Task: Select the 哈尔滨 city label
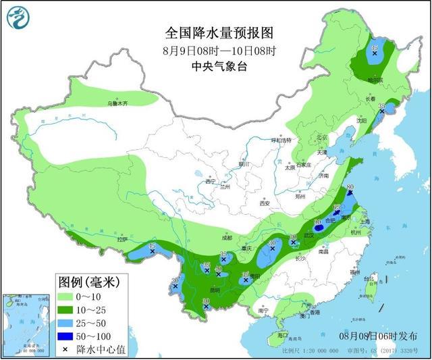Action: (x=376, y=79)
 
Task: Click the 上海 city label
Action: (x=365, y=221)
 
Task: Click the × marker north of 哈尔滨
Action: (x=375, y=53)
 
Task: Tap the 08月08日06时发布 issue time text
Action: (x=379, y=336)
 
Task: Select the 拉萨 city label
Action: (x=122, y=239)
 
